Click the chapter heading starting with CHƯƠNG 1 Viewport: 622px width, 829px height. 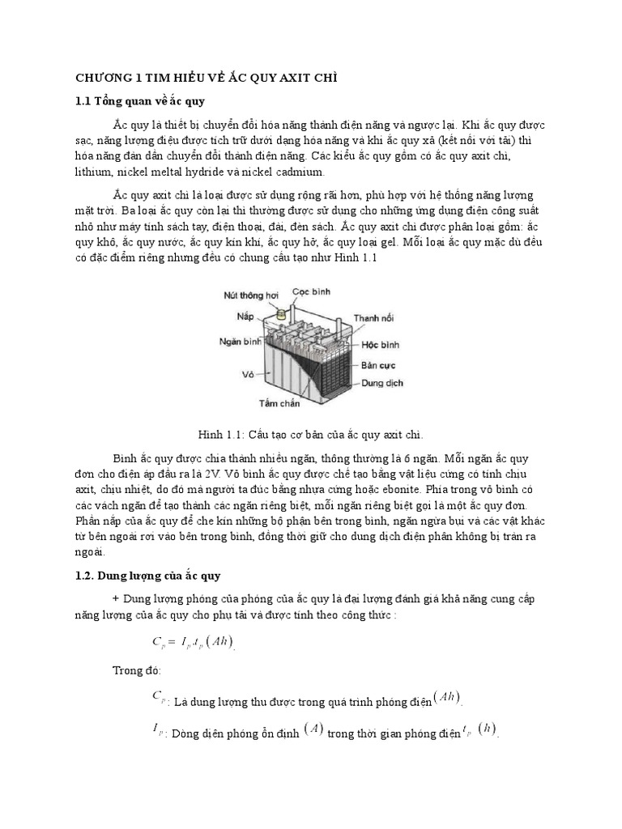click(x=206, y=77)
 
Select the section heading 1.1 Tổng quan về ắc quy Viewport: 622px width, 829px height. click(x=141, y=101)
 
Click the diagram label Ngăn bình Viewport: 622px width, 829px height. click(x=239, y=342)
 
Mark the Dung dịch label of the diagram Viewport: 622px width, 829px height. click(x=382, y=382)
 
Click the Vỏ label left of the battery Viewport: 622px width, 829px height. click(x=249, y=374)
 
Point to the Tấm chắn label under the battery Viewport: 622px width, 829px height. click(x=279, y=402)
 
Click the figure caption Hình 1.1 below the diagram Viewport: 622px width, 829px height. click(x=311, y=434)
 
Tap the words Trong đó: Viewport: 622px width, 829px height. click(x=137, y=671)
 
